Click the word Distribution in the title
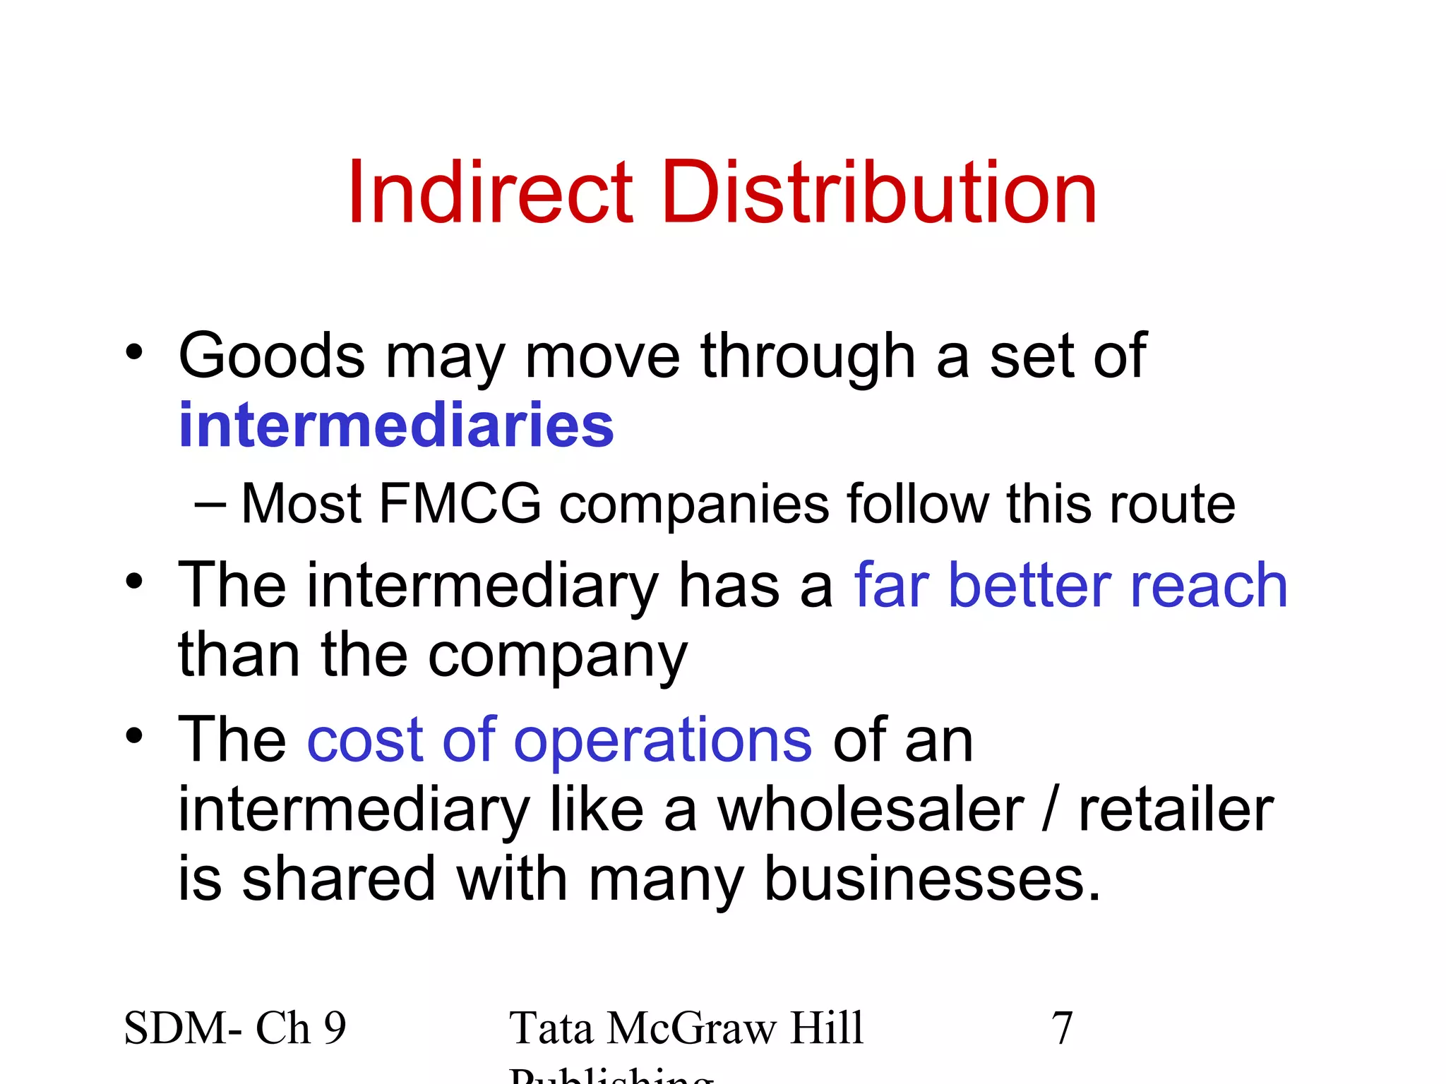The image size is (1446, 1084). pyautogui.click(x=878, y=193)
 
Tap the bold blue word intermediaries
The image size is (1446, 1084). pyautogui.click(x=396, y=426)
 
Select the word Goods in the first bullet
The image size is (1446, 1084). pyautogui.click(x=271, y=356)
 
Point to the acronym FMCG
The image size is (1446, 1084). pyautogui.click(x=460, y=504)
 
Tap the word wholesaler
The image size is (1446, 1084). pyautogui.click(x=871, y=810)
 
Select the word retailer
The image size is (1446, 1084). pyautogui.click(x=1176, y=810)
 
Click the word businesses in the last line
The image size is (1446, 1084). pyautogui.click(x=932, y=879)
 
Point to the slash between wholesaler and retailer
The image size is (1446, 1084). pyautogui.click(x=1051, y=810)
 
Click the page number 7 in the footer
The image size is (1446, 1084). pyautogui.click(x=1062, y=1028)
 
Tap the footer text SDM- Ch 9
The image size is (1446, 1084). pyautogui.click(x=235, y=1028)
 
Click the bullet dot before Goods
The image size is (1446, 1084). pyautogui.click(x=134, y=352)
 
